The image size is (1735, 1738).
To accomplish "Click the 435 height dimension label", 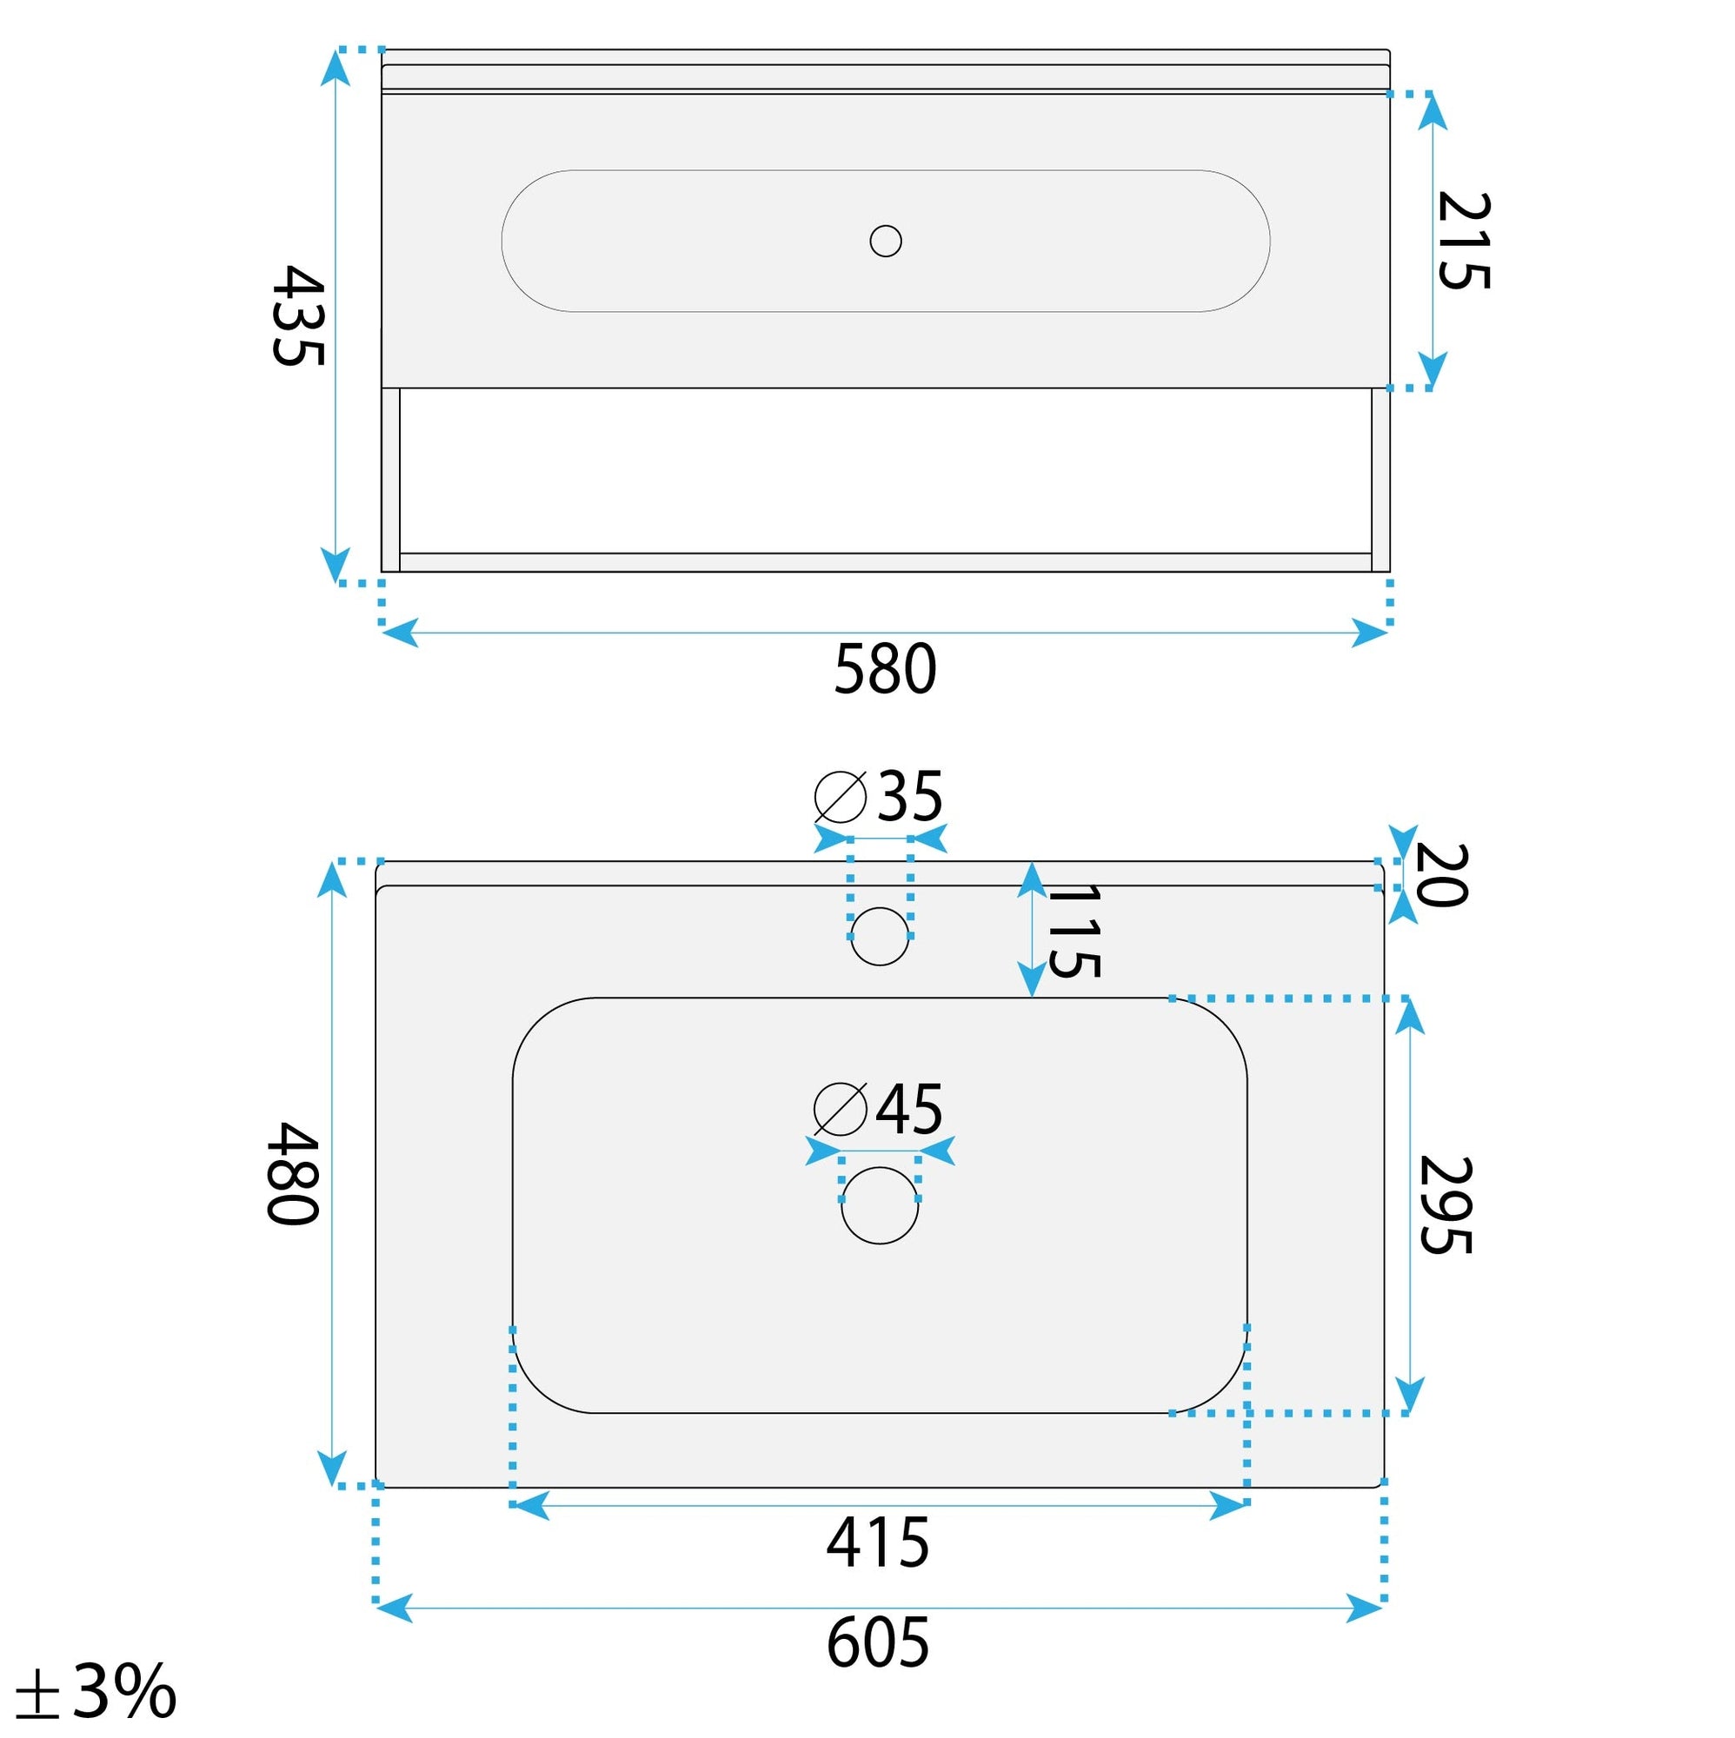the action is tap(298, 315).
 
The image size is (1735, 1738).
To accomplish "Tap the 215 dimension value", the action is tap(1464, 241).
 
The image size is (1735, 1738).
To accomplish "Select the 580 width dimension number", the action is tap(886, 670).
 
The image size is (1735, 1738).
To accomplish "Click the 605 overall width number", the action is tap(878, 1642).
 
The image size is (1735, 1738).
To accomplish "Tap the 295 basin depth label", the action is tap(1446, 1204).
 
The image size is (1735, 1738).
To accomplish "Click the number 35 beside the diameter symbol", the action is tap(910, 797).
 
